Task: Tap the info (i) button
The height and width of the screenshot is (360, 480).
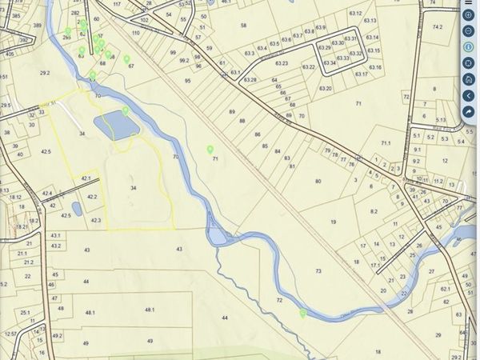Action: [468, 46]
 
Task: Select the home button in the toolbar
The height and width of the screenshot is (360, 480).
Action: [468, 79]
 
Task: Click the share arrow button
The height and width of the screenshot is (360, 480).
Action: [468, 112]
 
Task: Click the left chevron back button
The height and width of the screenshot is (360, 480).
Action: [468, 96]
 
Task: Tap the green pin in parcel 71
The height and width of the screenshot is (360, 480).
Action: [210, 149]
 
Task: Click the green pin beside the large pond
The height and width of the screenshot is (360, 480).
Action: [126, 110]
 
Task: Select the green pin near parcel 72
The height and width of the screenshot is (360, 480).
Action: [302, 313]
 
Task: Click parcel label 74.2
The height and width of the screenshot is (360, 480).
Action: [437, 27]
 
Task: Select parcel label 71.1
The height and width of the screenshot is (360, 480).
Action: [386, 143]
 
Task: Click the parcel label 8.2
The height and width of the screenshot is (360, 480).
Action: [374, 210]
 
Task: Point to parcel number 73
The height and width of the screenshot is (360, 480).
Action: [318, 271]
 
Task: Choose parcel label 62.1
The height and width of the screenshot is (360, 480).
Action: [445, 289]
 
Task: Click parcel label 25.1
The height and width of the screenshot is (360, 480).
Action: [26, 312]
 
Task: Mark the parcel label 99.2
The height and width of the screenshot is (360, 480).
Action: [185, 60]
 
